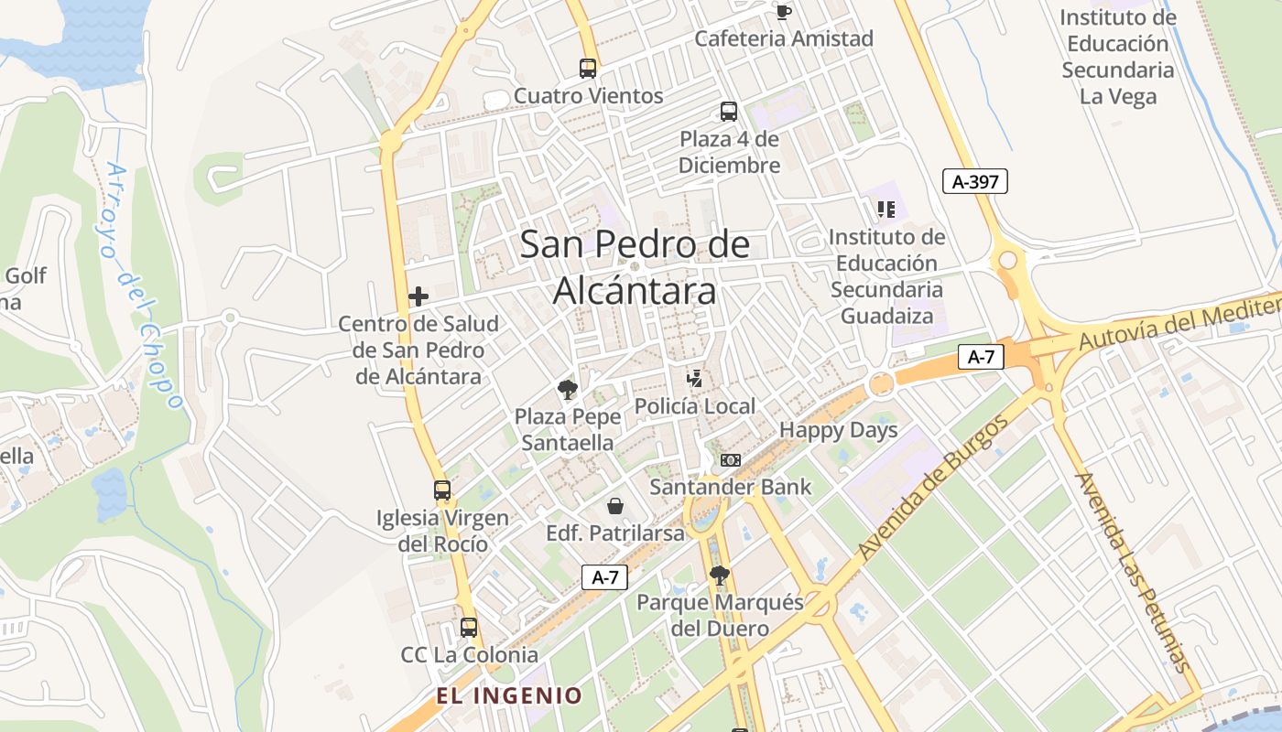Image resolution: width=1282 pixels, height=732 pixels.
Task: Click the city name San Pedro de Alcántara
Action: [635, 268]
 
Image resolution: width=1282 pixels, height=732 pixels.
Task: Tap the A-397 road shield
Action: [975, 182]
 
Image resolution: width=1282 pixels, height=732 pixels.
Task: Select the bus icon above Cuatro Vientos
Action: [588, 68]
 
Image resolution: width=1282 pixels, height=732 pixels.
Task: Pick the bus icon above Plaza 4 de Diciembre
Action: [729, 112]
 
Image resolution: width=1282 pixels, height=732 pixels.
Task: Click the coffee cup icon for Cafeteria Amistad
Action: [783, 12]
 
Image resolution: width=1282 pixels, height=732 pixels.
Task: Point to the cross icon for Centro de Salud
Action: [418, 296]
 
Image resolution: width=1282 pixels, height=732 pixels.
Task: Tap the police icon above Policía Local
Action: [695, 379]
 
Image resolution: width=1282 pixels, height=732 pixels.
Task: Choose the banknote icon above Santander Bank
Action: [731, 460]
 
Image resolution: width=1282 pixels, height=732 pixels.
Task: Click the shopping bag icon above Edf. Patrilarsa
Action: [615, 506]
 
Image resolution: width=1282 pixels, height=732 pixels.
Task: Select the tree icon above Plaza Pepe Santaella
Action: [568, 390]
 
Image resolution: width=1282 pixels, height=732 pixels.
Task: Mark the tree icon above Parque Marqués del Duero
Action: [720, 576]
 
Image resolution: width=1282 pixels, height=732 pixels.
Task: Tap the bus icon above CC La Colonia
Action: [469, 628]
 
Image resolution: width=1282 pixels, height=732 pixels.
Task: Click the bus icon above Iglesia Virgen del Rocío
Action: [442, 490]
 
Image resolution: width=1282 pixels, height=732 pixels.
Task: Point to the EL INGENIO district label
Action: [509, 695]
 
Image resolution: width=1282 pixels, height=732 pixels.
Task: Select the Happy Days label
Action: [838, 430]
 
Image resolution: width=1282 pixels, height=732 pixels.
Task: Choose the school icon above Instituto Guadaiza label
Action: [885, 210]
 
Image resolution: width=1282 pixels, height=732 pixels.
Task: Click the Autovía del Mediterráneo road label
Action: [1181, 326]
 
